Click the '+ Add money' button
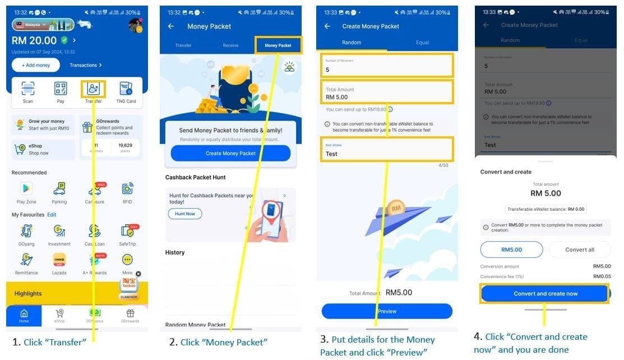(36, 65)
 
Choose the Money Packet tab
(278, 45)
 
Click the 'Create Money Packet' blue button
(230, 153)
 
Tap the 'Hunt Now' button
(185, 214)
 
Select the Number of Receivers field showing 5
(386, 66)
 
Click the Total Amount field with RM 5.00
(386, 93)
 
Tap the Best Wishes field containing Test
(386, 150)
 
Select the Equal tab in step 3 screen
(422, 43)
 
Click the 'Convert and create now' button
(545, 294)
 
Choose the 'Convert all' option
(579, 250)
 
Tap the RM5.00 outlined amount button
(511, 250)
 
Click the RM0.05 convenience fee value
(602, 276)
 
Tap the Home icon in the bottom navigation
(24, 316)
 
